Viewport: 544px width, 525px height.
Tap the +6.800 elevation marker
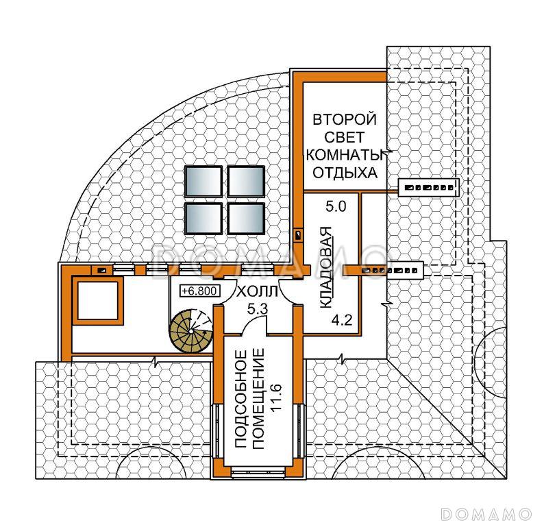(200, 291)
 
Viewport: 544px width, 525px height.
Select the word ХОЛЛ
(257, 292)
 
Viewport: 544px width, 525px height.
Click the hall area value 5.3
(258, 308)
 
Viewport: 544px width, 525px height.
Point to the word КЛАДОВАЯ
(325, 267)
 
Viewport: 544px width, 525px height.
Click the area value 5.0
(336, 207)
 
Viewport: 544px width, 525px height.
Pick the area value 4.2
(342, 319)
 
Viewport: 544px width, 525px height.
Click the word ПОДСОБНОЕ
(240, 399)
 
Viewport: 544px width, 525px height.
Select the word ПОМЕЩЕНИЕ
(258, 399)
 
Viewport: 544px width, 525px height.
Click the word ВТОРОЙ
(345, 119)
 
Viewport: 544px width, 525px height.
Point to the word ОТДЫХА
(345, 173)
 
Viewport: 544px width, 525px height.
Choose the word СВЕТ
(345, 137)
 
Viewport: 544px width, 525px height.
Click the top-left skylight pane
(203, 182)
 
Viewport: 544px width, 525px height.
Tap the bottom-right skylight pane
(246, 218)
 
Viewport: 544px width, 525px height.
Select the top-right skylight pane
(246, 182)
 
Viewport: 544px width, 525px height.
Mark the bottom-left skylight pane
(203, 218)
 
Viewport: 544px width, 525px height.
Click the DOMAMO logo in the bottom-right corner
(486, 513)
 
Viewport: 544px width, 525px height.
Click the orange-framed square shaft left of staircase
(97, 300)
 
